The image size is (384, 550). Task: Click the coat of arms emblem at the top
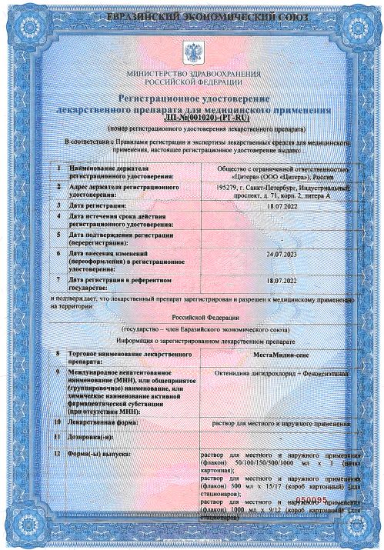coord(192,52)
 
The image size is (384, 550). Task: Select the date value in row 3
coord(280,206)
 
